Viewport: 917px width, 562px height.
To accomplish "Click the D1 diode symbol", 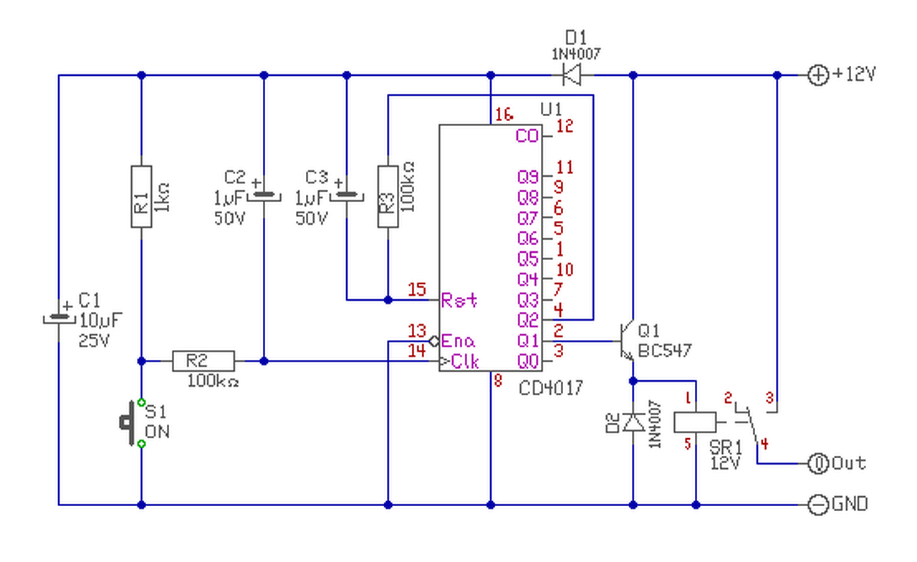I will pyautogui.click(x=571, y=74).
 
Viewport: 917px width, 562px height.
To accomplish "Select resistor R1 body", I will pyautogui.click(x=141, y=196).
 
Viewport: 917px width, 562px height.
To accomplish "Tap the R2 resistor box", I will pyautogui.click(x=203, y=361).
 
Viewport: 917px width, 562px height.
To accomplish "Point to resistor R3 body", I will pyautogui.click(x=388, y=196).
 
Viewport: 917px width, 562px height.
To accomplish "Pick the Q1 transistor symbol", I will pyautogui.click(x=628, y=341).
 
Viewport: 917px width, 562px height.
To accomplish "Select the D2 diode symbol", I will pyautogui.click(x=633, y=422).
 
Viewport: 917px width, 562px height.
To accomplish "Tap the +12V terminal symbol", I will pyautogui.click(x=817, y=74).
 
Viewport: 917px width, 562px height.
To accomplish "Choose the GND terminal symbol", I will pyautogui.click(x=817, y=505).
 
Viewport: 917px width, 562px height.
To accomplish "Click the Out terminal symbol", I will pyautogui.click(x=817, y=464).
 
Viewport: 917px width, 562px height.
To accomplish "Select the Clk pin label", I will pyautogui.click(x=463, y=362).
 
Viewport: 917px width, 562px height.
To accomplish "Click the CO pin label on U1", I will pyautogui.click(x=527, y=136).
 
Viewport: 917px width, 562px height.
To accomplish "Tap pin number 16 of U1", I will pyautogui.click(x=504, y=114).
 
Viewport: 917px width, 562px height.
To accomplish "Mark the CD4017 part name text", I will pyautogui.click(x=551, y=388).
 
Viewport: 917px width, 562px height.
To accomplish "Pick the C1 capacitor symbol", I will pyautogui.click(x=57, y=315).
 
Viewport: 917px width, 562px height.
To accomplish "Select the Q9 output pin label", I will pyautogui.click(x=527, y=176).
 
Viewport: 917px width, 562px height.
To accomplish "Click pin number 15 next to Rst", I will pyautogui.click(x=417, y=290).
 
